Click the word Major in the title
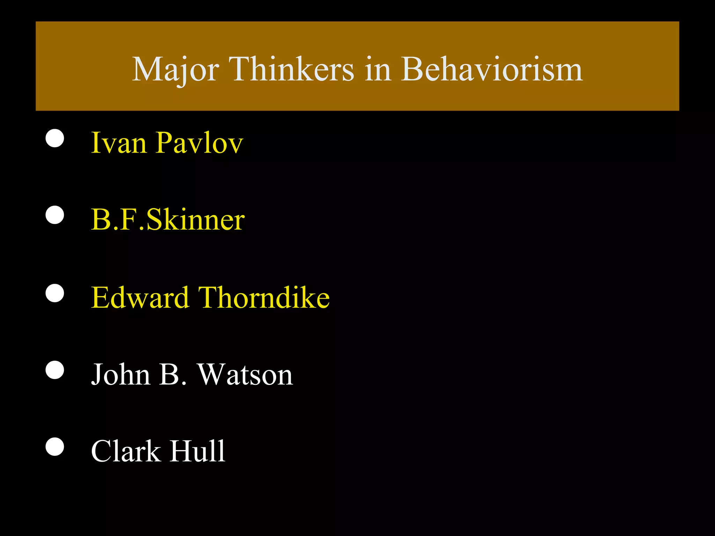[x=176, y=69]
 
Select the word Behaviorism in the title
[x=492, y=69]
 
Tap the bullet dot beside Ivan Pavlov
[x=55, y=138]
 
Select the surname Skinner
[x=196, y=219]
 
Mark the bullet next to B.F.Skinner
[x=55, y=215]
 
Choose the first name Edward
[x=140, y=297]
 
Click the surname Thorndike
[x=264, y=297]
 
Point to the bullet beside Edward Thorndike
[x=55, y=293]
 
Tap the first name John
[x=121, y=374]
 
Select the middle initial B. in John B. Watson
[x=173, y=374]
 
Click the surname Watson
[x=245, y=374]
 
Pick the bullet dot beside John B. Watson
[x=55, y=370]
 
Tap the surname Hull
[x=198, y=451]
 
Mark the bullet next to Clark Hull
[x=55, y=447]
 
